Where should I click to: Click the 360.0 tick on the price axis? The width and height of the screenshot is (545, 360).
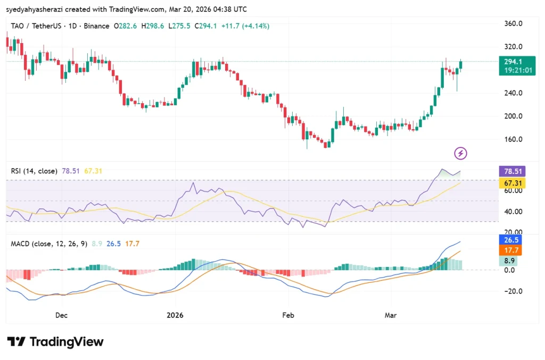tap(513, 23)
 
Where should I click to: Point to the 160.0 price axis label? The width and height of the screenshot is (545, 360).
tap(513, 139)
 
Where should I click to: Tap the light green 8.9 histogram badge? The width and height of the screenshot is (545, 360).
tap(510, 261)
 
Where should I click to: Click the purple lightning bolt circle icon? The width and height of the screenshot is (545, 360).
tap(460, 154)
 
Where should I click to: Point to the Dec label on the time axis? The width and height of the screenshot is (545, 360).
tap(61, 315)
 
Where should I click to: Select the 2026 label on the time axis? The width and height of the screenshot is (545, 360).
tap(175, 315)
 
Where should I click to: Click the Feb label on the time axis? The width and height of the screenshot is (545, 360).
tap(288, 315)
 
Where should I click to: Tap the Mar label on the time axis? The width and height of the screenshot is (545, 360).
tap(391, 315)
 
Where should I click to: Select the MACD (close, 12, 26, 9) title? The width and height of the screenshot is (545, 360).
tap(49, 244)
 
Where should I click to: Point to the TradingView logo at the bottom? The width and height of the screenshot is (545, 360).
tap(55, 341)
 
